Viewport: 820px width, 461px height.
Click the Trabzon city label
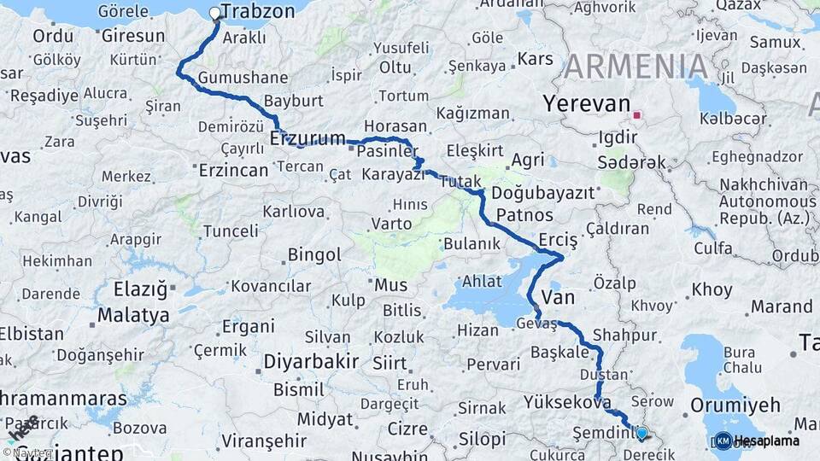258,12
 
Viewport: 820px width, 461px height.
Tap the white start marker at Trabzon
215,14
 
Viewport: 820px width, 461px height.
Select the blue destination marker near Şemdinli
641,434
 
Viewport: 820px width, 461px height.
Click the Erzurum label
307,138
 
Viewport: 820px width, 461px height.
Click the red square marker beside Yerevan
637,114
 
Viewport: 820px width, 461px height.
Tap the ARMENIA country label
635,67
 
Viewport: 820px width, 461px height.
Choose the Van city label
559,297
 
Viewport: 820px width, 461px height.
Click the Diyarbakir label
311,361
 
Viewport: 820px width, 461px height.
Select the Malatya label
133,315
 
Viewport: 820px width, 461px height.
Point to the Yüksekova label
567,401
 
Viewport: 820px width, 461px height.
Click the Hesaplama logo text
767,441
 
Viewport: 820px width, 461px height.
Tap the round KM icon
723,441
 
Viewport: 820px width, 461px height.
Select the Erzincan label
233,170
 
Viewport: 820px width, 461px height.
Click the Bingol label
314,255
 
